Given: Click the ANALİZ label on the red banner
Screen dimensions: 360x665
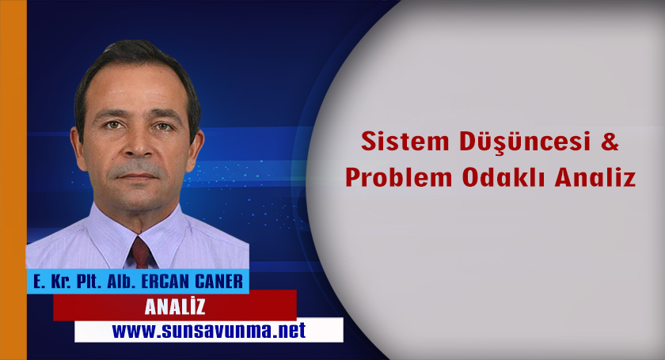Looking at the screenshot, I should pyautogui.click(x=175, y=305).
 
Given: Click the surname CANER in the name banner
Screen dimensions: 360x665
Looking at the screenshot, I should pyautogui.click(x=218, y=281).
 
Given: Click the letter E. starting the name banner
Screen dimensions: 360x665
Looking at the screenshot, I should pyautogui.click(x=37, y=281).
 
